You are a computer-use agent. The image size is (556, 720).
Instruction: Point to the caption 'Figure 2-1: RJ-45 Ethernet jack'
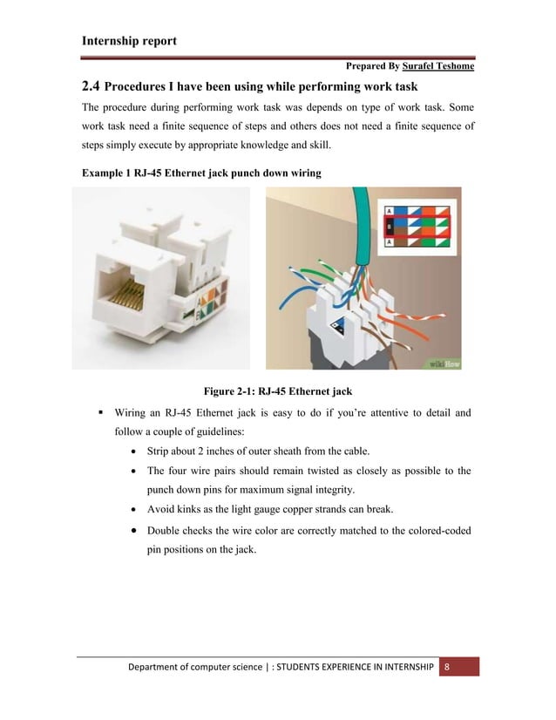point(278,390)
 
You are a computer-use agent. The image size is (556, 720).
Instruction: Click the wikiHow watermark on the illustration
point(444,363)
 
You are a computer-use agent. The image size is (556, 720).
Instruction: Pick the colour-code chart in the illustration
point(417,228)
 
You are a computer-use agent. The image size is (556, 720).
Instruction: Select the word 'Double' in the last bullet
point(166,530)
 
